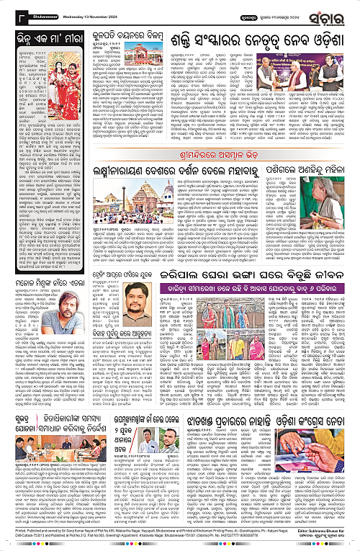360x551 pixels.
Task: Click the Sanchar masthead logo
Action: pos(330,13)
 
